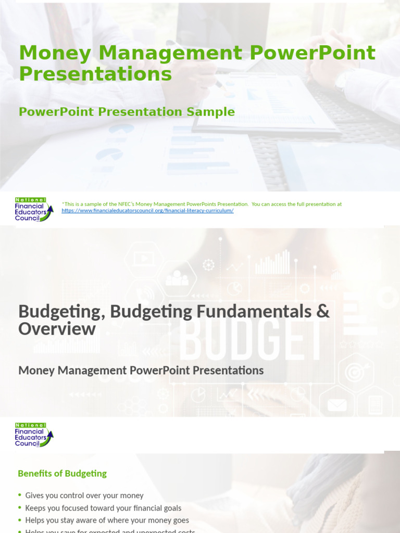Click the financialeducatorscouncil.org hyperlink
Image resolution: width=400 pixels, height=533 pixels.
(x=147, y=211)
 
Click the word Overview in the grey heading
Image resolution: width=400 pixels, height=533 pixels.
(x=57, y=329)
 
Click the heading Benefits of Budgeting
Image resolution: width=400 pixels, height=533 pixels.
(x=62, y=473)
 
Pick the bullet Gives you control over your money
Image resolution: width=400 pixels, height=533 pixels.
(x=84, y=496)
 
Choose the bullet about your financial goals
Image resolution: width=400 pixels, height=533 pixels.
(x=103, y=507)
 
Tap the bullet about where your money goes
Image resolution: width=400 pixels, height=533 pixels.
(x=107, y=520)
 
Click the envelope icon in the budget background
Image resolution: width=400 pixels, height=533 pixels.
(x=337, y=404)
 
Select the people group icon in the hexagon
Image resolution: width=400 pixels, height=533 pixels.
(x=177, y=278)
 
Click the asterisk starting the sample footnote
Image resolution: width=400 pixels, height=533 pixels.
(x=63, y=204)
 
